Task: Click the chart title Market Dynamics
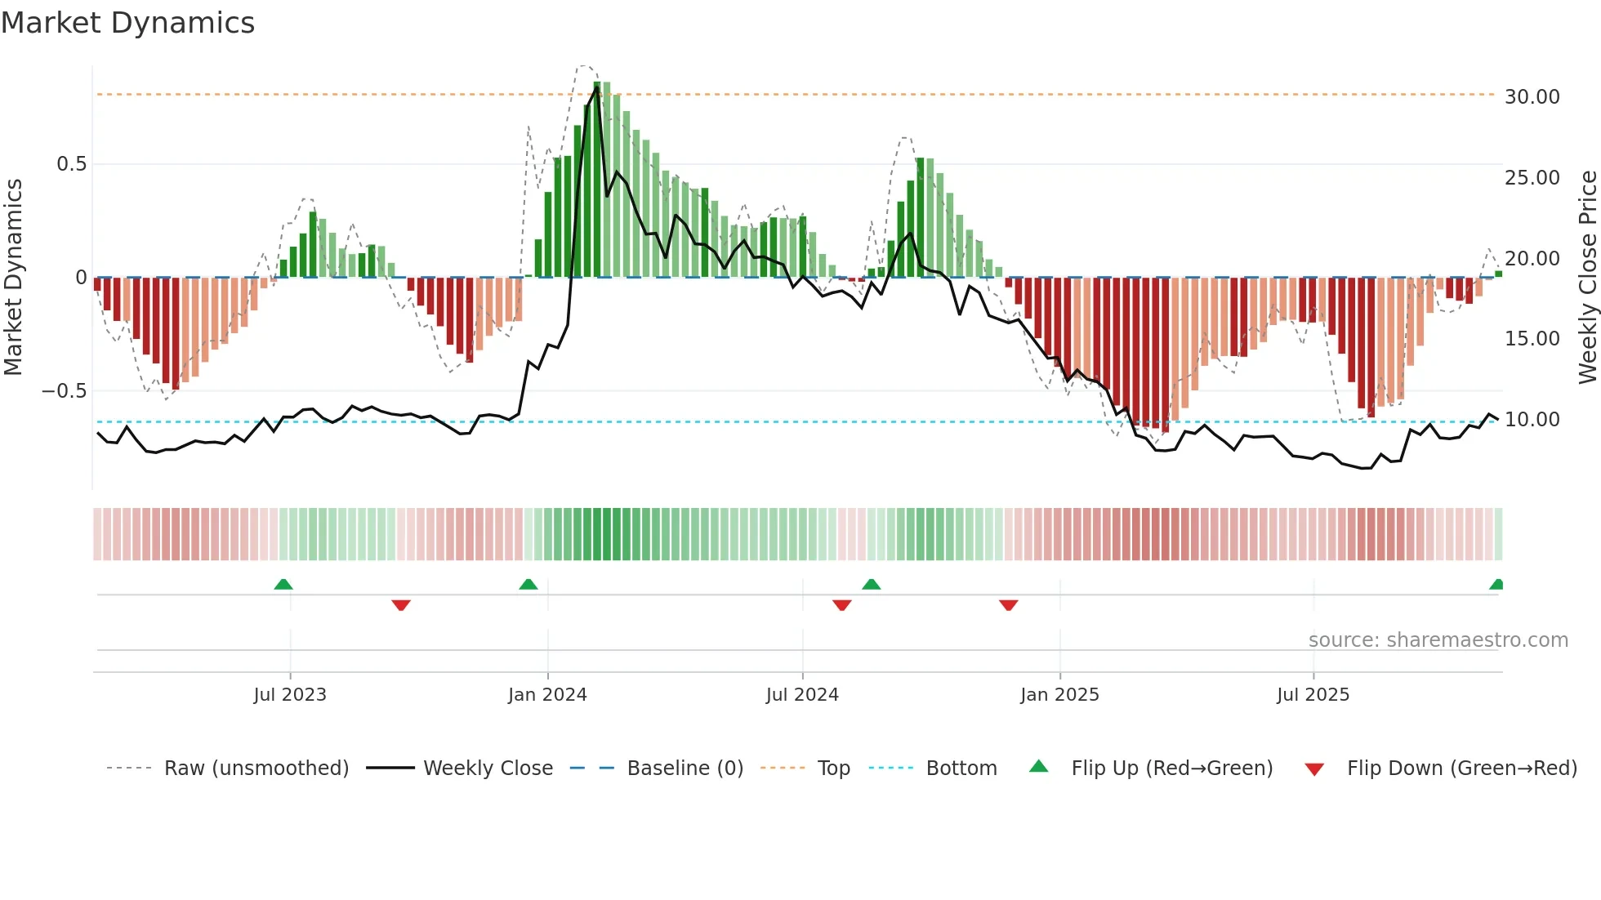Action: [127, 23]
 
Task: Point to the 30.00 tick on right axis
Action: [1532, 97]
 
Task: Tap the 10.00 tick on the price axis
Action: [1532, 420]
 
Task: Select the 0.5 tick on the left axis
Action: [71, 164]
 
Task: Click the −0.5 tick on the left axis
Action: [64, 391]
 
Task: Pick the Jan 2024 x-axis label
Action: [547, 695]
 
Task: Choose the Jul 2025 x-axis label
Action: [1313, 695]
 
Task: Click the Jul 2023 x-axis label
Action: [290, 695]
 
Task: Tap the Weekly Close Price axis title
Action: [1587, 278]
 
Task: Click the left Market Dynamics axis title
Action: [14, 278]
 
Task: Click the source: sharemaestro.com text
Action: [1438, 640]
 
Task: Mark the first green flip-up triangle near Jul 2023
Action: [283, 585]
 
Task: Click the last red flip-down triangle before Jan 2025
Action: [1008, 605]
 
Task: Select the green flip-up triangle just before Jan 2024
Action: [528, 585]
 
